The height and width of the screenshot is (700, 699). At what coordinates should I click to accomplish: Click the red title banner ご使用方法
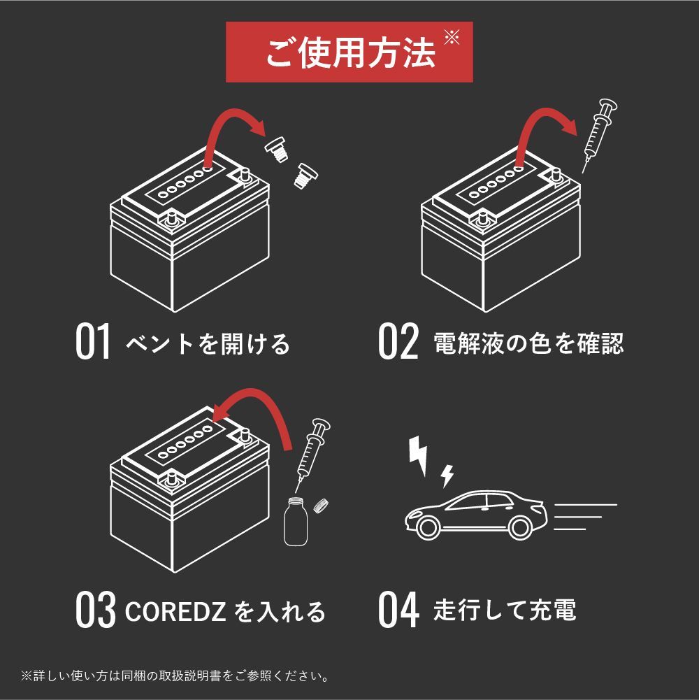click(x=349, y=52)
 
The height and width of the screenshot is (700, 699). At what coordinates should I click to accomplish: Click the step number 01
click(x=94, y=343)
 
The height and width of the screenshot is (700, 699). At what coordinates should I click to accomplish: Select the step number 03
click(x=95, y=610)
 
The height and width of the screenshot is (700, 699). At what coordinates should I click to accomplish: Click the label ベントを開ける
click(x=208, y=343)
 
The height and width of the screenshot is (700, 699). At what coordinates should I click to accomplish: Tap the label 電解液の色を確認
click(x=528, y=343)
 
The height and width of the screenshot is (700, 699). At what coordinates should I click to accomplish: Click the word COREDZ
click(x=175, y=611)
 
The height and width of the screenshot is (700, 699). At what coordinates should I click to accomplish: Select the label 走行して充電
click(x=505, y=610)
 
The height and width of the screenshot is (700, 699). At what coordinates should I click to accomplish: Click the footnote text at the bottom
click(x=175, y=676)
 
